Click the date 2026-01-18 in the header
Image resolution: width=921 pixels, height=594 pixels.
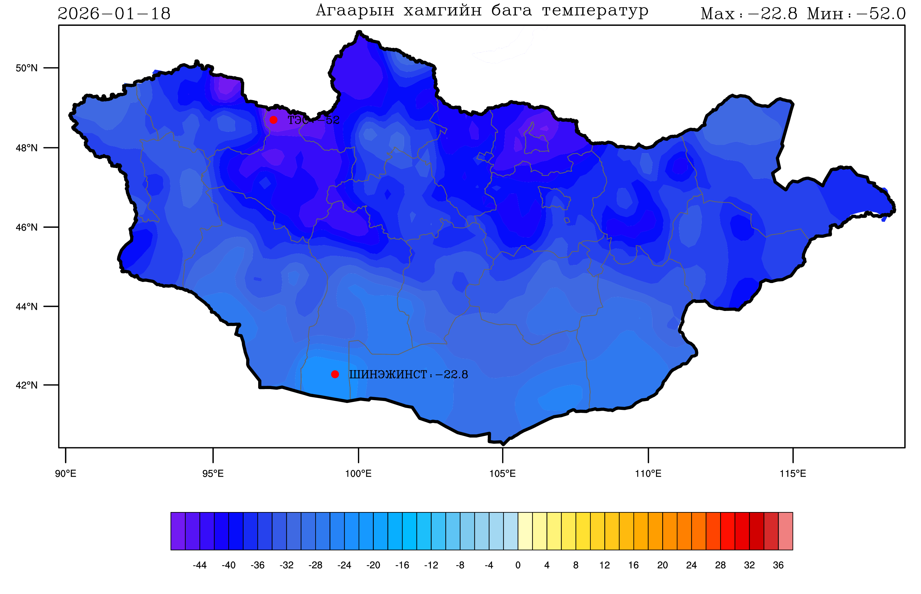(114, 14)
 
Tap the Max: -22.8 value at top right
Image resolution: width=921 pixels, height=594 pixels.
(748, 14)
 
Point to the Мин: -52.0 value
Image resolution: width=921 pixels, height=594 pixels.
(856, 14)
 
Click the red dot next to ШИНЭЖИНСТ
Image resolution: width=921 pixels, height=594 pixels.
(335, 374)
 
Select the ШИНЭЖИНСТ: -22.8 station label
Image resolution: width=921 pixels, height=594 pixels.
(408, 375)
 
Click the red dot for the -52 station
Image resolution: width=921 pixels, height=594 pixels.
(273, 120)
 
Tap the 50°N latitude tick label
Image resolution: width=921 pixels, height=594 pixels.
(27, 68)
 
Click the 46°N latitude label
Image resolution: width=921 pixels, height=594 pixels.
(27, 227)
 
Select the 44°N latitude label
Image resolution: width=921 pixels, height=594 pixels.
(27, 307)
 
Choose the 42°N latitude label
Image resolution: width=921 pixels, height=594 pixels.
(27, 385)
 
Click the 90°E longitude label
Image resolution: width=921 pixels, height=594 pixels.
(66, 474)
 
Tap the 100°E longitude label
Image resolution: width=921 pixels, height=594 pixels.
(358, 474)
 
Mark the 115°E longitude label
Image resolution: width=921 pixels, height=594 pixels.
(793, 474)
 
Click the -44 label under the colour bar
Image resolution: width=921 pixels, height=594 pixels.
(199, 565)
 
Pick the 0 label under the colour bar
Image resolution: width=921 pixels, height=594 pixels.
(518, 565)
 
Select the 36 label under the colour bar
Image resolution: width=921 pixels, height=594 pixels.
(778, 565)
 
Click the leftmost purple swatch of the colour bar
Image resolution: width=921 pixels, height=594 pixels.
(178, 531)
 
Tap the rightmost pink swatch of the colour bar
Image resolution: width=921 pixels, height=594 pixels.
(786, 531)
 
